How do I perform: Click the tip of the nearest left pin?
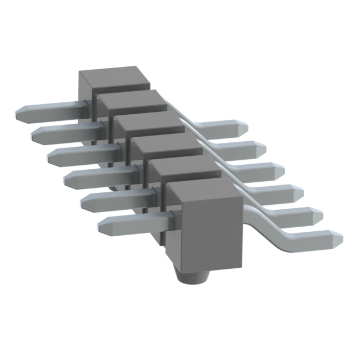[x=100, y=227]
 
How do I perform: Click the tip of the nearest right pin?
[x=340, y=237]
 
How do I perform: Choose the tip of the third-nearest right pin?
[x=301, y=192]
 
